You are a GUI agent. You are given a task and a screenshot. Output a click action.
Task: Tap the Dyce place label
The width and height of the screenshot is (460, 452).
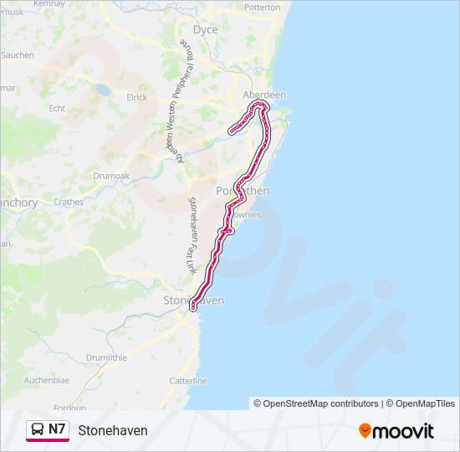pyautogui.click(x=205, y=30)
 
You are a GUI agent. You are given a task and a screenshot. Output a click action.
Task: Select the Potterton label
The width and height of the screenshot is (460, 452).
pyautogui.click(x=262, y=7)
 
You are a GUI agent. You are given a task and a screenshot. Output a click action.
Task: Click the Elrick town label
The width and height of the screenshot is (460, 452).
pyautogui.click(x=137, y=97)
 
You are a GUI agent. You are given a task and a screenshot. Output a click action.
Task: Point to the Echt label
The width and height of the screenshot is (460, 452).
pyautogui.click(x=57, y=108)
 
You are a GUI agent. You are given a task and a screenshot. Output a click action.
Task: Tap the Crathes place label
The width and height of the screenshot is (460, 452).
pyautogui.click(x=68, y=202)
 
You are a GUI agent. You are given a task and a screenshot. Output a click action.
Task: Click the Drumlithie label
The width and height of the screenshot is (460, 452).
pyautogui.click(x=105, y=357)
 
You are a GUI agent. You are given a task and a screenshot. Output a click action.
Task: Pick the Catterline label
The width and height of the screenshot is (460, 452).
pyautogui.click(x=187, y=381)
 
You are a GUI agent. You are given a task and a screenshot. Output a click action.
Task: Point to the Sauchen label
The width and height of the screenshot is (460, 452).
pyautogui.click(x=17, y=54)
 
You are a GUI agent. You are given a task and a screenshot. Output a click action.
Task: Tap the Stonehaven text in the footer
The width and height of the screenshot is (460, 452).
pyautogui.click(x=113, y=430)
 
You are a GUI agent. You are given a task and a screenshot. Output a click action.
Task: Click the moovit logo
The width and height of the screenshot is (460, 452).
pyautogui.click(x=396, y=430)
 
